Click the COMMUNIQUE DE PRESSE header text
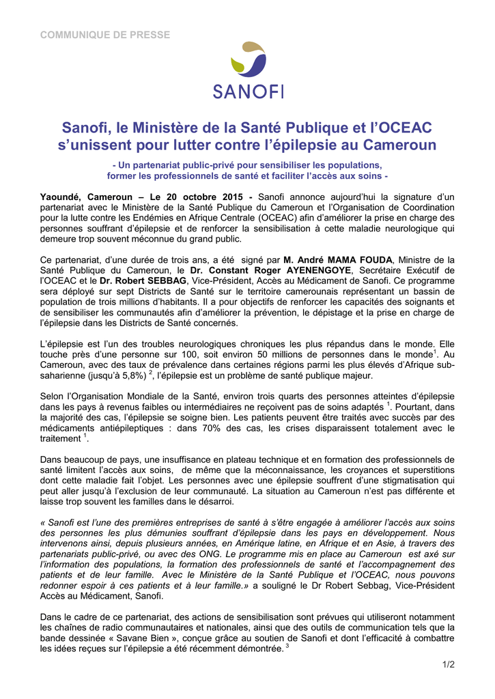105,35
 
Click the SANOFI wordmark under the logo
248,91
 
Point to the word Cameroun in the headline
398,145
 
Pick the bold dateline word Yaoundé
61,197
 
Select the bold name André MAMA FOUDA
338,260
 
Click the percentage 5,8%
132,375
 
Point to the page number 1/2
448,664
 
